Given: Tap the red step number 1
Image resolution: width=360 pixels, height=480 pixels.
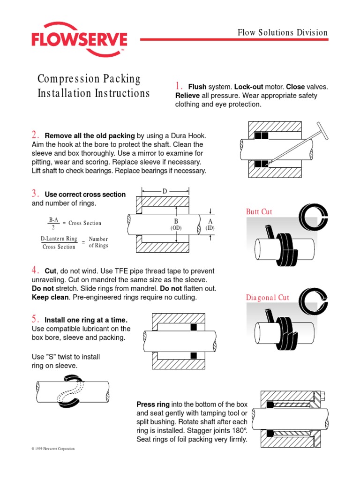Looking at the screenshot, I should [178, 86].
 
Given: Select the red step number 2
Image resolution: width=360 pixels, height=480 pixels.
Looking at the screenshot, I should [35, 135].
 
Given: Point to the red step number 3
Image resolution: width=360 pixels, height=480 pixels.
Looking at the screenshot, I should [35, 193].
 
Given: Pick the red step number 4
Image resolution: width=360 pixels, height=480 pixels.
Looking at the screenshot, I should [35, 270].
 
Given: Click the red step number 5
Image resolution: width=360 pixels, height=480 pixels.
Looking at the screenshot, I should [35, 319].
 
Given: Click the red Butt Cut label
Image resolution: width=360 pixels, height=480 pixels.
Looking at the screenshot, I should [259, 212].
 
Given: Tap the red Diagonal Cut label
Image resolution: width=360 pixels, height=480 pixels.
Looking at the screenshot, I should [267, 298].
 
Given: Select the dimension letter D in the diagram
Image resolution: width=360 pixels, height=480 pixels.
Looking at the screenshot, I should [165, 191].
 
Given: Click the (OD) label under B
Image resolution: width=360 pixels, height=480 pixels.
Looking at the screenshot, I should [176, 228].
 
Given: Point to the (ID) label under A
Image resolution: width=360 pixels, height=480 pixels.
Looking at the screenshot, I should [210, 228].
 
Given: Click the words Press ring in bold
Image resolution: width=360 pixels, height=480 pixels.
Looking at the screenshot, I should [153, 404].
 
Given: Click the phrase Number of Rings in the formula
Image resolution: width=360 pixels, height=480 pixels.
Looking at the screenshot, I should [98, 242].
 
